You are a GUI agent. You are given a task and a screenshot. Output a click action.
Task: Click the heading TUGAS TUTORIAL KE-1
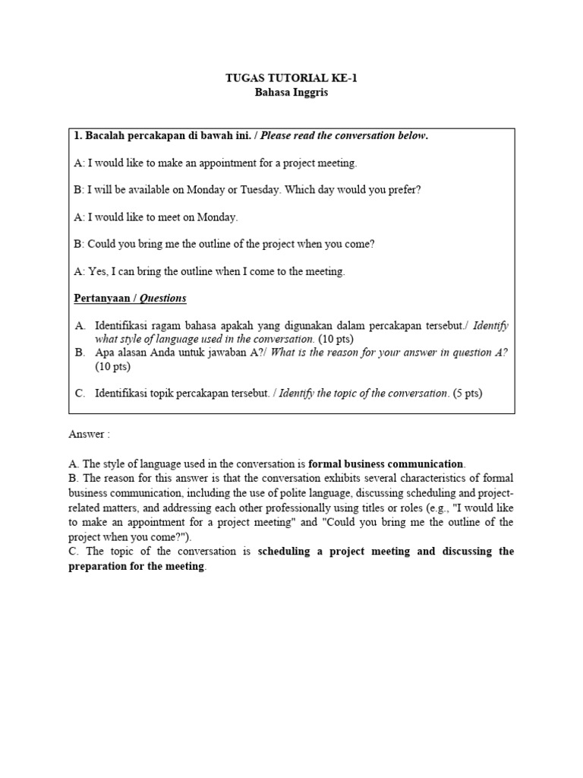coord(291,77)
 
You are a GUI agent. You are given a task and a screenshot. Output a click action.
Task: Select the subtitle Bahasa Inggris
coord(291,93)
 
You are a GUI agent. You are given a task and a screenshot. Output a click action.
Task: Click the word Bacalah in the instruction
coord(104,135)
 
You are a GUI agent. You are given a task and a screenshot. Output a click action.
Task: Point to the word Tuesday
coord(260,189)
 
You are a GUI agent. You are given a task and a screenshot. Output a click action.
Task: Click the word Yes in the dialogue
coord(98,271)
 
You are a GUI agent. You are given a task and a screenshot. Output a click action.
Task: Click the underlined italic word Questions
coord(162,298)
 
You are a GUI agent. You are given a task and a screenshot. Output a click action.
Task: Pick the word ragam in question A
coord(172,325)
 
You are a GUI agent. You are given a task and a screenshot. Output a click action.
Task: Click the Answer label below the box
coord(89,435)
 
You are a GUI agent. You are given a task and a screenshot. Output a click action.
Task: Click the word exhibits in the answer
coord(300,478)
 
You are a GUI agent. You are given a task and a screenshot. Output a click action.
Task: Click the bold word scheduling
coord(289,552)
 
